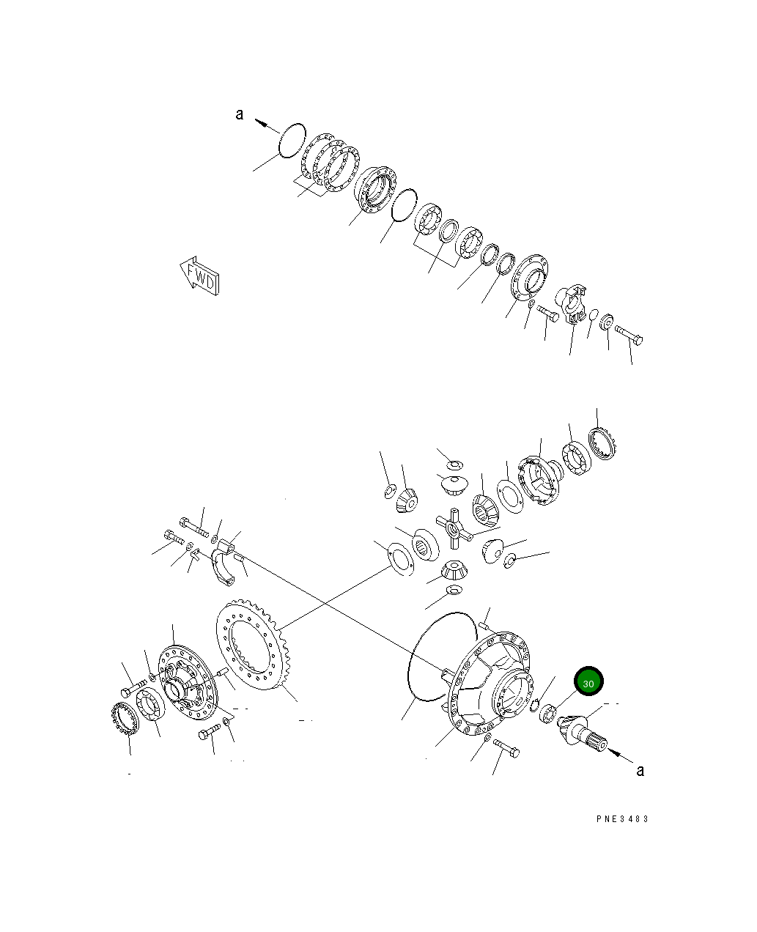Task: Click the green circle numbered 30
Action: tap(588, 682)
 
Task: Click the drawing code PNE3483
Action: tap(622, 819)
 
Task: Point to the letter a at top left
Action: tap(239, 114)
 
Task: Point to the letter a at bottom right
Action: tap(640, 770)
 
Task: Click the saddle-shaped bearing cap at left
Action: tap(226, 563)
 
